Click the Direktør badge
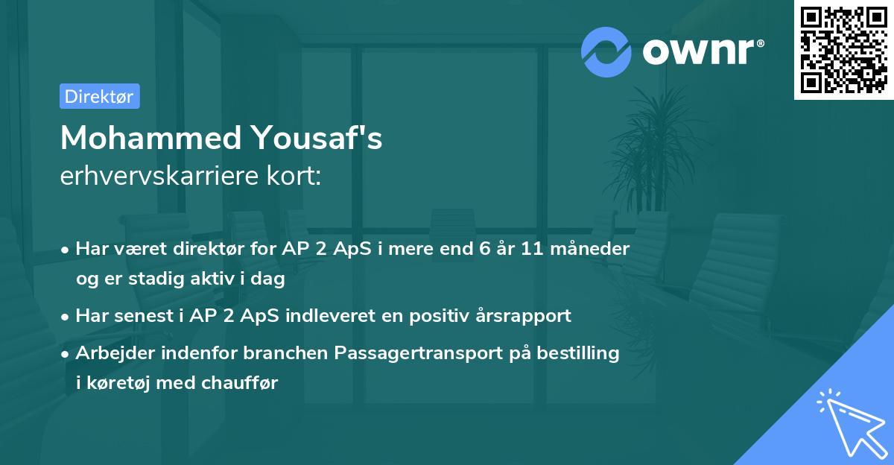tap(99, 96)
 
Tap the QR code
tap(843, 50)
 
